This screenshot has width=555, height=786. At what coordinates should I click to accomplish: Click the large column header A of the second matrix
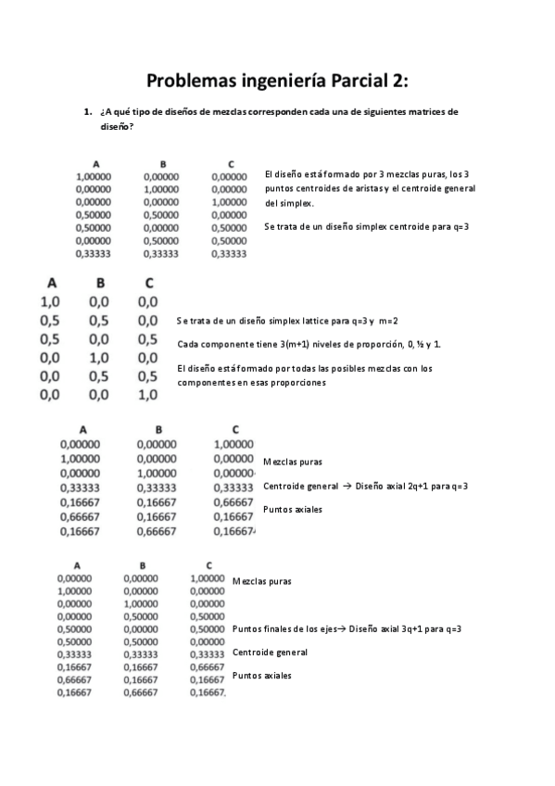point(51,283)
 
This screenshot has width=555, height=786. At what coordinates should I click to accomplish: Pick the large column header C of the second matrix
point(146,283)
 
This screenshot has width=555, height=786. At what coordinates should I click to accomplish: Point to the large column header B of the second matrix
point(100,283)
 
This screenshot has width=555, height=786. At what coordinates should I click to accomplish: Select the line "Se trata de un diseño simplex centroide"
point(366,226)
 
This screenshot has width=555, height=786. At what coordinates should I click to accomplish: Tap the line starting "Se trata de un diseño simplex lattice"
point(287,321)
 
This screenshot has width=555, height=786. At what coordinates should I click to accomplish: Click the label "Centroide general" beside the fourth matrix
point(270,652)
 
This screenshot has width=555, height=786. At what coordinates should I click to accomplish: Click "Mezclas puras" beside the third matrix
point(293,462)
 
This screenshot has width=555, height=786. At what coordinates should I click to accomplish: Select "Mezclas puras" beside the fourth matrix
point(262,581)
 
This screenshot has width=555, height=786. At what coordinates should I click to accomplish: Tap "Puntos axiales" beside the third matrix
point(293,509)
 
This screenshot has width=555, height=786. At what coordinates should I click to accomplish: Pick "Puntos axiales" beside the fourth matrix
point(262,676)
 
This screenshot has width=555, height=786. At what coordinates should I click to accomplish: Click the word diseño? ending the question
point(116,126)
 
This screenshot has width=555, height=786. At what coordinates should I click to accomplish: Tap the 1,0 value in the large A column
point(50,301)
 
